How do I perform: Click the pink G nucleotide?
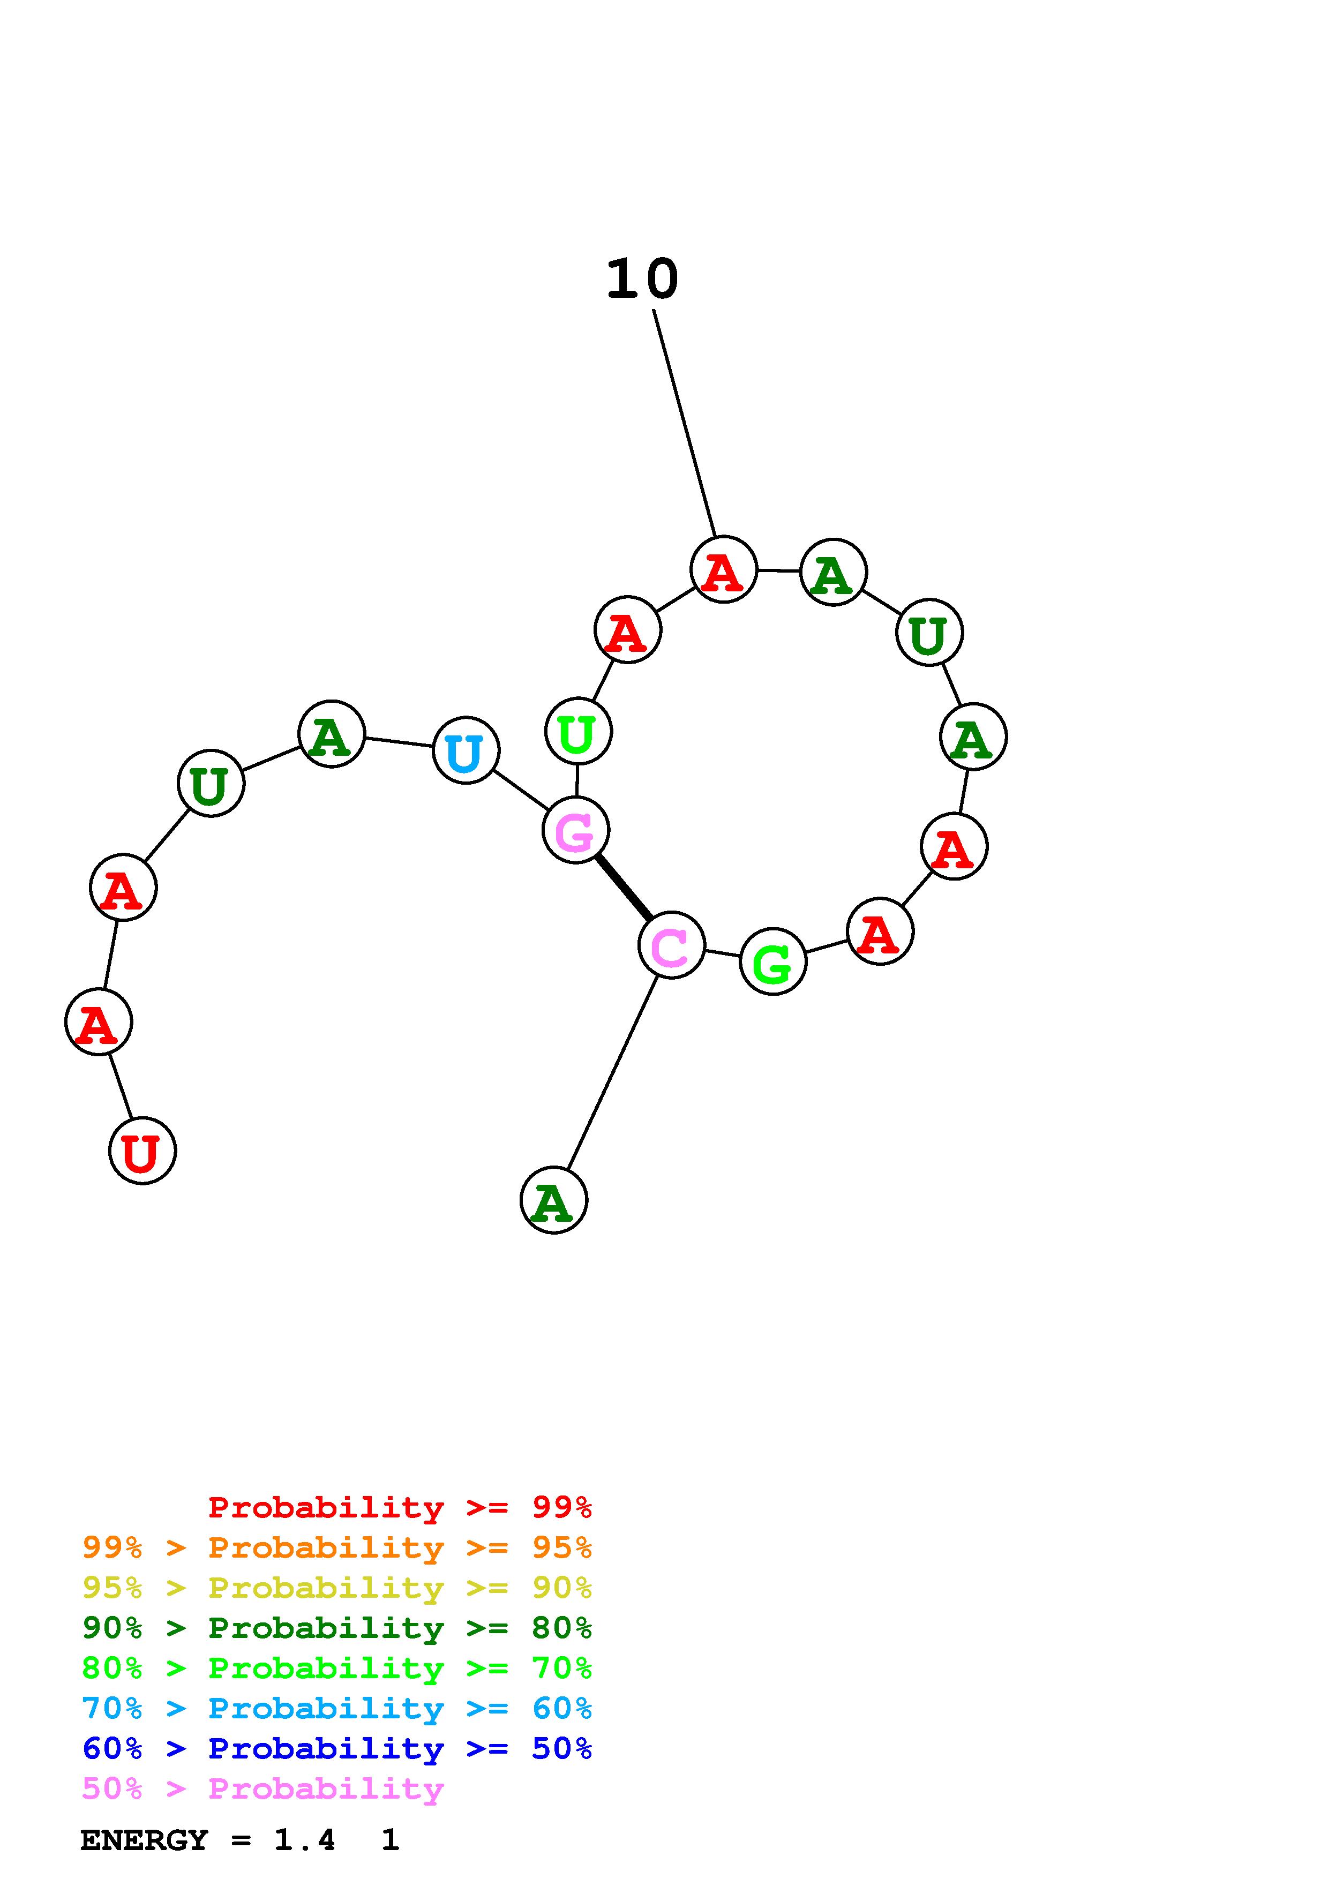tap(575, 831)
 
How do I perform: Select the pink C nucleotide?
tap(671, 945)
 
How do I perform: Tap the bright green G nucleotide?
tap(772, 961)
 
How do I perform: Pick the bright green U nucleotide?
tap(577, 731)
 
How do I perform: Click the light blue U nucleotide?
tap(466, 750)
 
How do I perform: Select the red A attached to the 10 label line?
tap(723, 569)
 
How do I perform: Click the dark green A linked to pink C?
tap(554, 1200)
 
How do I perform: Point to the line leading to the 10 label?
tap(685, 423)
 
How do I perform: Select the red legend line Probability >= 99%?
tap(399, 1507)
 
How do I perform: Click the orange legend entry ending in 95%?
tap(337, 1547)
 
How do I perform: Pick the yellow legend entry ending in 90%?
tap(337, 1588)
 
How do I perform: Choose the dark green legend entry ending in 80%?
tap(337, 1628)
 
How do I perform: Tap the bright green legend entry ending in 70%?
tap(337, 1668)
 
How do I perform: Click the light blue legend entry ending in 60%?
tap(337, 1708)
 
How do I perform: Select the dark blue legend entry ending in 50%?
tap(337, 1748)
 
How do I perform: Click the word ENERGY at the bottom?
tap(144, 1840)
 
